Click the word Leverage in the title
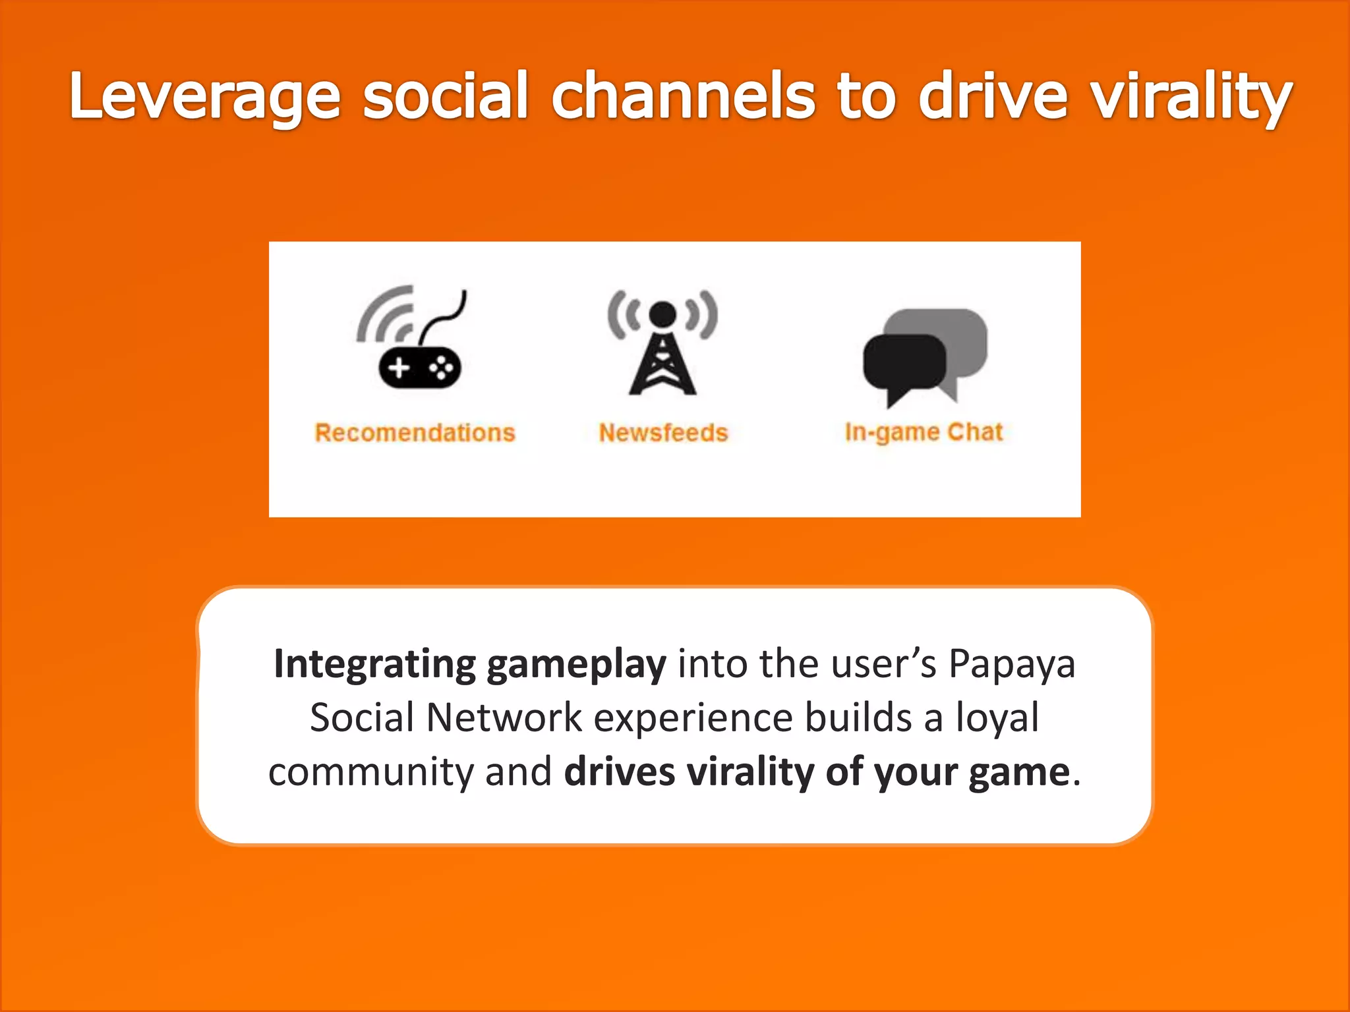tap(205, 98)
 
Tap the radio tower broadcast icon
tap(662, 343)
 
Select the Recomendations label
tap(415, 433)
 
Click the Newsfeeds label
tap(663, 433)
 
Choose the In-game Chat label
tap(924, 433)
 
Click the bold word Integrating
tap(374, 664)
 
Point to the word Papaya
tap(1012, 664)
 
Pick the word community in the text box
tap(370, 772)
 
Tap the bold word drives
tap(620, 772)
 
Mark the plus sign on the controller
tap(399, 367)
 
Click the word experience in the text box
tap(693, 718)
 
